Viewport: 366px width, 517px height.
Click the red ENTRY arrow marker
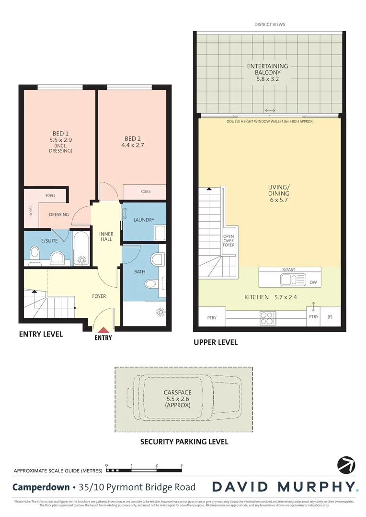103,330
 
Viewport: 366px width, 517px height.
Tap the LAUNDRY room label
144,220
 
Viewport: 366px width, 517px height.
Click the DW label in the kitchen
313,283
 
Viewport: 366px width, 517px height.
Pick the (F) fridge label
330,317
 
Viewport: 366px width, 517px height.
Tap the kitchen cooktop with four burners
267,317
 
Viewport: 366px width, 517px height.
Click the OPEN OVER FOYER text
229,241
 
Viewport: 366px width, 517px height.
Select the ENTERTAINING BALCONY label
267,72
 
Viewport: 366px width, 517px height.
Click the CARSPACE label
177,398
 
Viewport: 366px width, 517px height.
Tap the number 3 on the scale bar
181,465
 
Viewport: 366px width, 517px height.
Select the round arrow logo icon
346,465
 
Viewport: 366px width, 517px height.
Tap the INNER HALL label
106,236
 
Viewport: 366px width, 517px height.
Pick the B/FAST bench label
288,270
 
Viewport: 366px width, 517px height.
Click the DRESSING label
59,214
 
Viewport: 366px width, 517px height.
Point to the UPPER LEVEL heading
215,342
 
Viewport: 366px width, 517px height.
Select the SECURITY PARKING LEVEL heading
184,442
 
